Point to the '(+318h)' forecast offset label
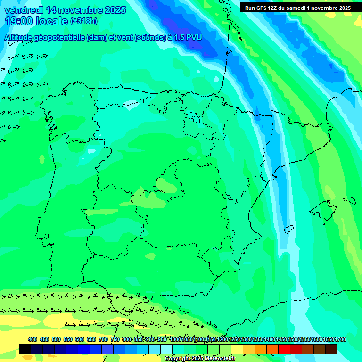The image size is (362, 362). [83, 21]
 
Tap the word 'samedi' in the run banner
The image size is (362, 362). [295, 8]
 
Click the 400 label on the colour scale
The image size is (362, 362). [33, 339]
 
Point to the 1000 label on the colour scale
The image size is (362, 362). [175, 339]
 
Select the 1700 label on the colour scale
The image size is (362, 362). [340, 339]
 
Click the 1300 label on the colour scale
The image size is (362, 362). [246, 339]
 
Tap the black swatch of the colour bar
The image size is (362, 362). [25, 349]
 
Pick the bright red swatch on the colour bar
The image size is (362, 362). [284, 349]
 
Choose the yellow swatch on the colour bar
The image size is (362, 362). [237, 349]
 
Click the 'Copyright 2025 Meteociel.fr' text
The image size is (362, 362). [200, 359]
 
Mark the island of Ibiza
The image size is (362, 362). [288, 230]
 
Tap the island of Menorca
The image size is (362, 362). [349, 200]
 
